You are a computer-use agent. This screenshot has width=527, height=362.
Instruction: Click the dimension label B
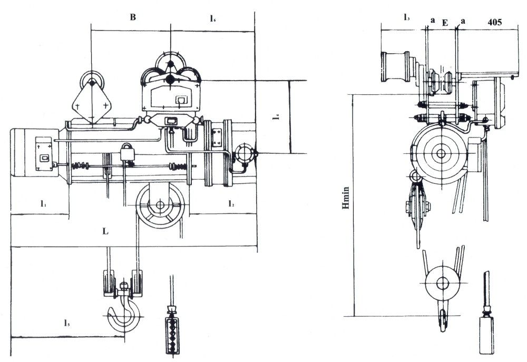pos(133,17)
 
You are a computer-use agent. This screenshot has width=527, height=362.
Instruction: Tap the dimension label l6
pos(212,19)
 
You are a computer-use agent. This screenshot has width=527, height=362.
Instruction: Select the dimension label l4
pos(276,117)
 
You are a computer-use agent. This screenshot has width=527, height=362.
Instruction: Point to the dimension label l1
pos(42,202)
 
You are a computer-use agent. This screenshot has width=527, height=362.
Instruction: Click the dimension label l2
pos(231,202)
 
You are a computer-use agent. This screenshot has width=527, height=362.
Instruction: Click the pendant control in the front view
pos(172,332)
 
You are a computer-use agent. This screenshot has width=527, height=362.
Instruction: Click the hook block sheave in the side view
pos(441,283)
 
